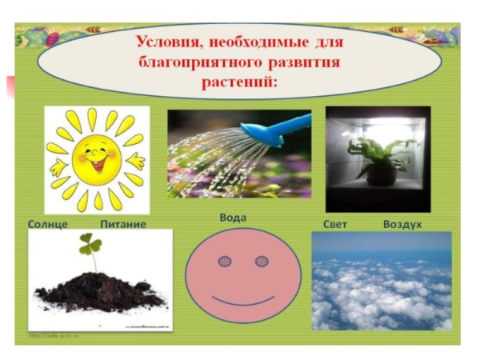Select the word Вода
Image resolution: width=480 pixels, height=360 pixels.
pos(232,217)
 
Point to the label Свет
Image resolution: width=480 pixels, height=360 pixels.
pos(334,224)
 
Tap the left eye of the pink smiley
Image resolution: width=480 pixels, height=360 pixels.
pos(225,262)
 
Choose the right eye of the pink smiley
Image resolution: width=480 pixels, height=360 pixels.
pos(261,262)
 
